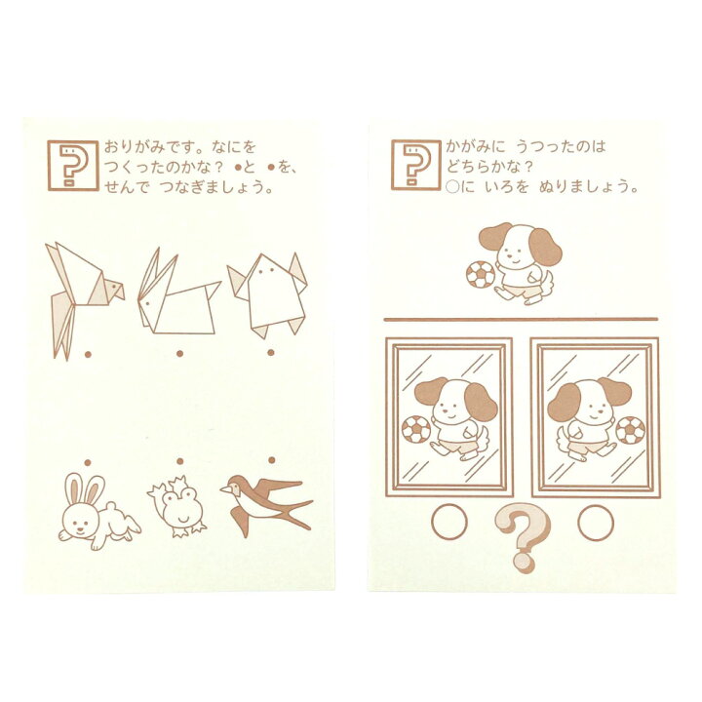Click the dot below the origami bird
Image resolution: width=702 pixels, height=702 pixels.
click(88, 355)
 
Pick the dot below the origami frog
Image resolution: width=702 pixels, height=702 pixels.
click(271, 352)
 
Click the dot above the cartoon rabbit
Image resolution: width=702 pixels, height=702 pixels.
click(88, 462)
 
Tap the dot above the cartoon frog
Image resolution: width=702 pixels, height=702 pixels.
click(180, 461)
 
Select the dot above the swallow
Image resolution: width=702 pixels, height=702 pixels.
click(272, 460)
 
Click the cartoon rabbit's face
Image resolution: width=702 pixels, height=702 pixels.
click(80, 521)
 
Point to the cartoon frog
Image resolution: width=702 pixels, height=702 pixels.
click(176, 507)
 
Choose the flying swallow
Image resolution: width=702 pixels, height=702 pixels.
click(266, 504)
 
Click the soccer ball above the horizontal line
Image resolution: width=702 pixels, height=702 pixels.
click(481, 274)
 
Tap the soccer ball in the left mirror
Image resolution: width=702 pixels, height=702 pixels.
click(416, 430)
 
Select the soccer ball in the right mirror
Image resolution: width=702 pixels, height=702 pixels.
click(631, 430)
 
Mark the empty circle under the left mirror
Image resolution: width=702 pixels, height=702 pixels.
click(449, 522)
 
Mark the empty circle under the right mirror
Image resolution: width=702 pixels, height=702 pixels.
click(596, 522)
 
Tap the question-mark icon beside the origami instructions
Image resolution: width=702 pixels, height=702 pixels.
click(73, 166)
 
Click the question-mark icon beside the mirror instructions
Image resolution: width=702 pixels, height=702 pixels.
click(416, 165)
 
